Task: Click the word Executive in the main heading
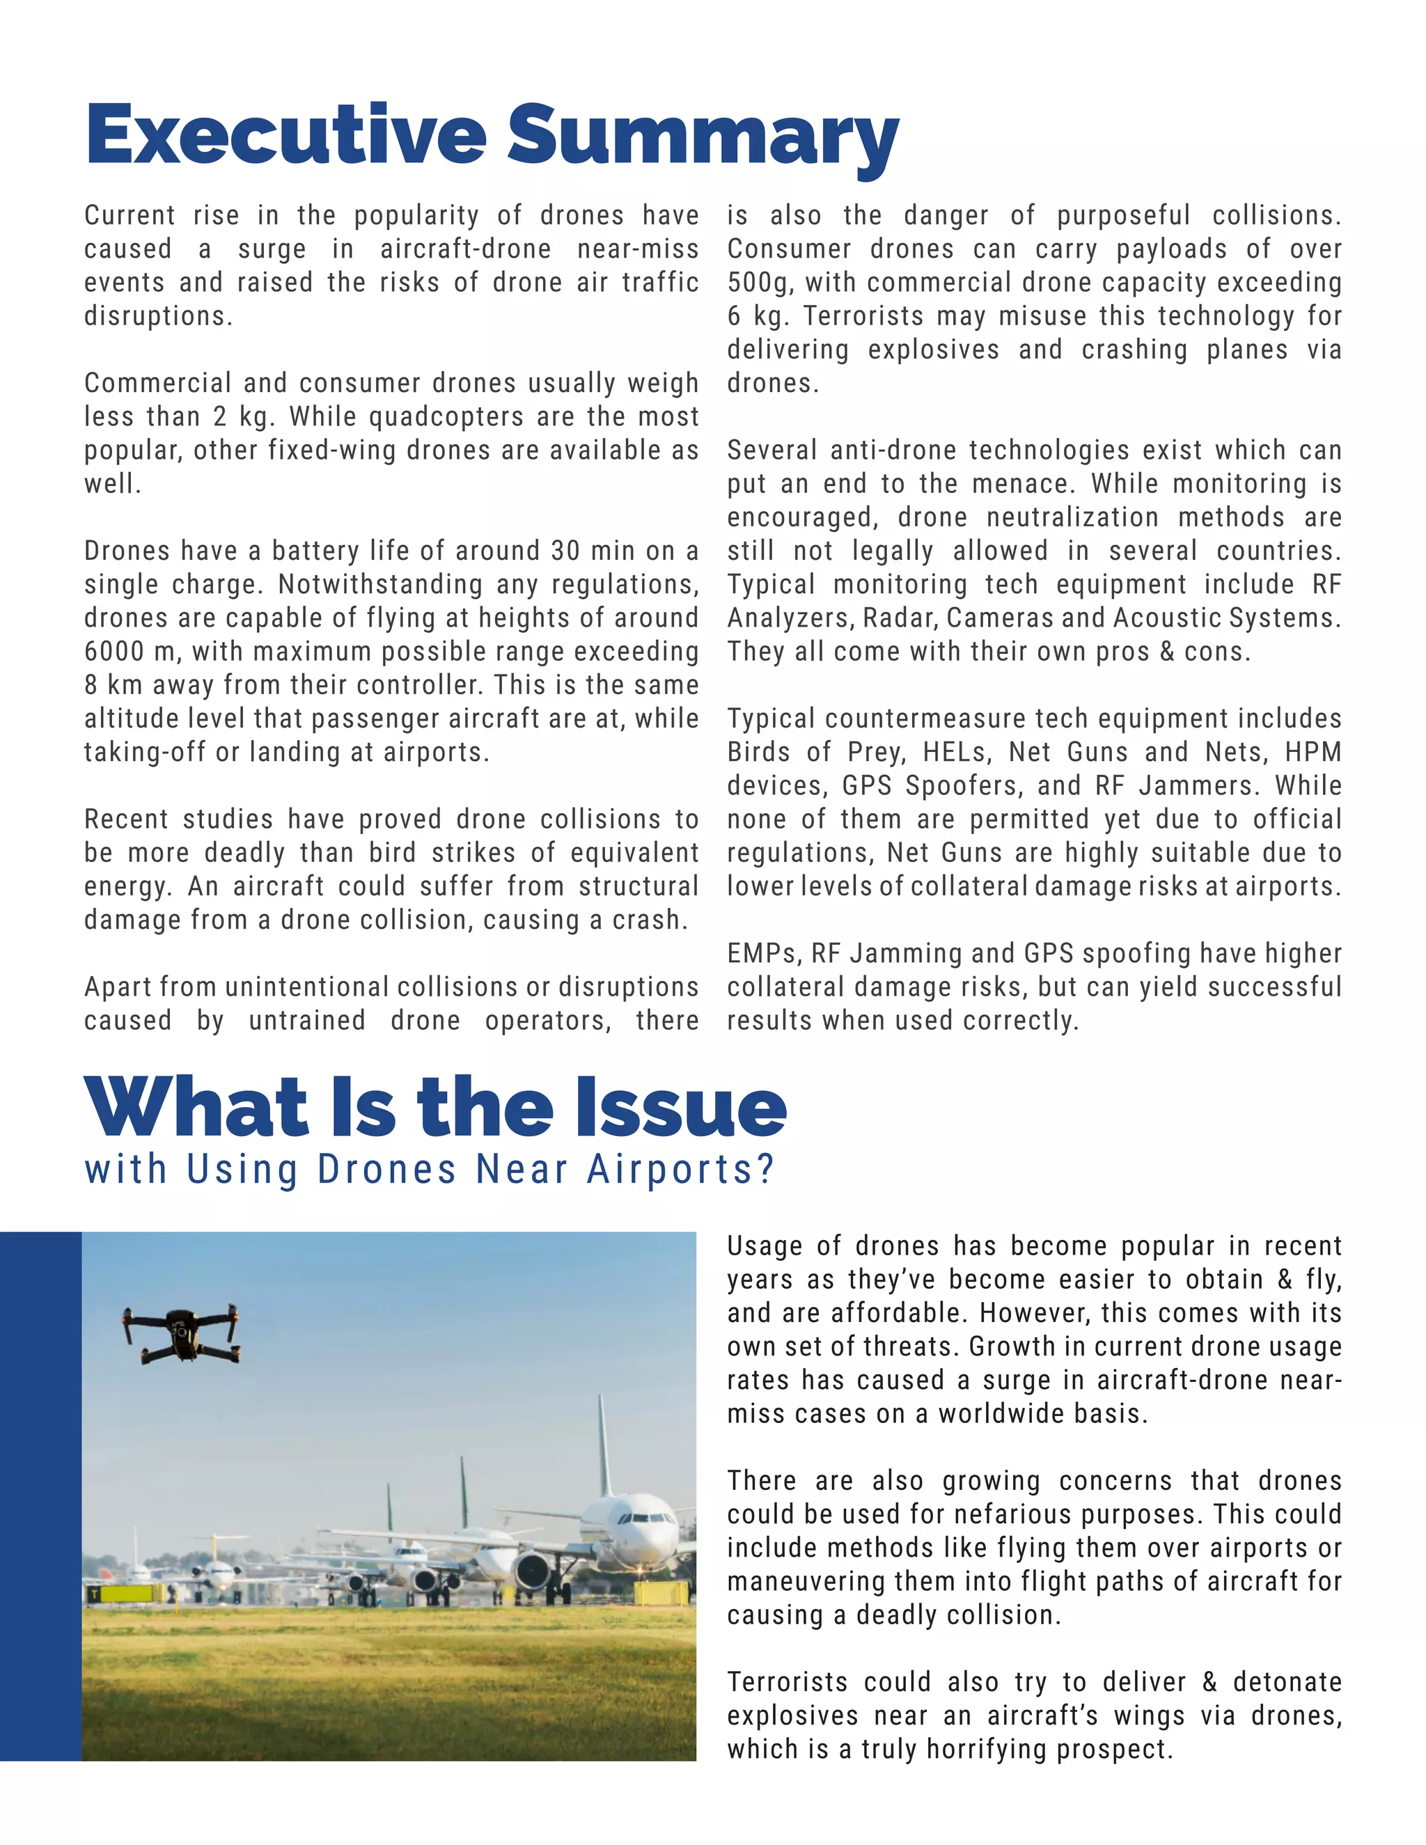(x=285, y=135)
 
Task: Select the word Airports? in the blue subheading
(x=680, y=1170)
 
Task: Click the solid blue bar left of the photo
(x=40, y=1495)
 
